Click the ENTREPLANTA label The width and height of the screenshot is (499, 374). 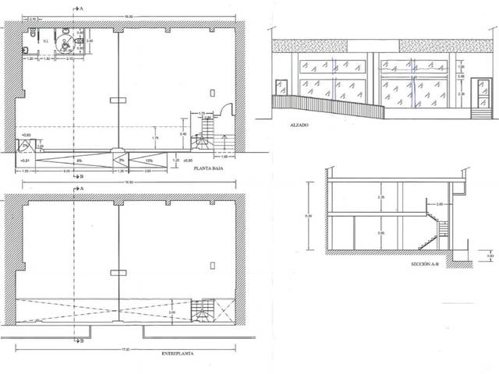click(177, 354)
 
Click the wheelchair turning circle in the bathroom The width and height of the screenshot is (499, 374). click(69, 44)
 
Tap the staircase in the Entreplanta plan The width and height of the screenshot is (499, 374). click(203, 311)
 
